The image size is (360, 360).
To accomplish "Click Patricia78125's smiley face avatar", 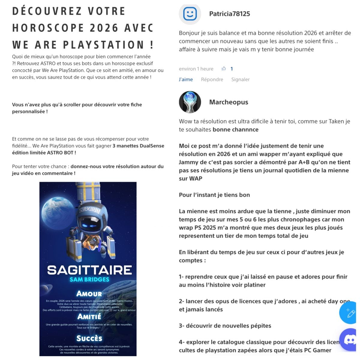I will (190, 14).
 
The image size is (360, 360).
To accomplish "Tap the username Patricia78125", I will (229, 14).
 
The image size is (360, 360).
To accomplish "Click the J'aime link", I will (186, 79).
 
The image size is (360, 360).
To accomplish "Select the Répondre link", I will (212, 79).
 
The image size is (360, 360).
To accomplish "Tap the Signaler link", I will (240, 79).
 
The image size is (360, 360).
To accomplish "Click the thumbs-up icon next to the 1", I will (223, 69).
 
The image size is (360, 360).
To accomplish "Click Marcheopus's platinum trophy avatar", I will (190, 102).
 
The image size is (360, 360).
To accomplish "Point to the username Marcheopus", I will (229, 102).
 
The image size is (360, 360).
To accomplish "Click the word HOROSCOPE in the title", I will (48, 28).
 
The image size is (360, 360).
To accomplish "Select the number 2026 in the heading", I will (104, 28).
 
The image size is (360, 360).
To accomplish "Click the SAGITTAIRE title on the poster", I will (89, 270).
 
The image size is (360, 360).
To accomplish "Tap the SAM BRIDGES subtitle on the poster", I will (89, 280).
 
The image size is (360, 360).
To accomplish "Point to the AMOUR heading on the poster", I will (89, 294).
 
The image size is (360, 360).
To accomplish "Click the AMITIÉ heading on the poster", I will (89, 317).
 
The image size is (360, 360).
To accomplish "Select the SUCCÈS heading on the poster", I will (89, 338).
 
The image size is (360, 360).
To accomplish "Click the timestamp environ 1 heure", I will (196, 69).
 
